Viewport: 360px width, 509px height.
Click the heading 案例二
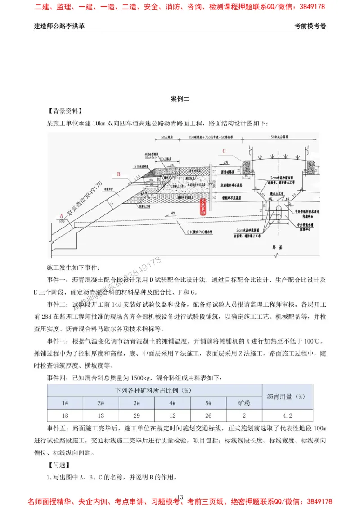pyautogui.click(x=180, y=99)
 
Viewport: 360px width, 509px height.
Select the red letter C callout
pyautogui.click(x=224, y=152)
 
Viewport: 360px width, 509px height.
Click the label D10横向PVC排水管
pyautogui.click(x=200, y=233)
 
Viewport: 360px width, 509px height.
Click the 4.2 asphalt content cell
pyautogui.click(x=288, y=415)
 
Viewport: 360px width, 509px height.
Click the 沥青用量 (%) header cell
pyautogui.click(x=288, y=397)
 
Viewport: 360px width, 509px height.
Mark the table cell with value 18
pyautogui.click(x=65, y=415)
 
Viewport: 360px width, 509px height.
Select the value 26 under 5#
pyautogui.click(x=208, y=415)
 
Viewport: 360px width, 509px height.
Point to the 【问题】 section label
pyautogui.click(x=59, y=465)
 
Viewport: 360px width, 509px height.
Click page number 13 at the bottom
pyautogui.click(x=180, y=497)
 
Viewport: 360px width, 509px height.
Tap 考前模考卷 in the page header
pyautogui.click(x=310, y=26)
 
